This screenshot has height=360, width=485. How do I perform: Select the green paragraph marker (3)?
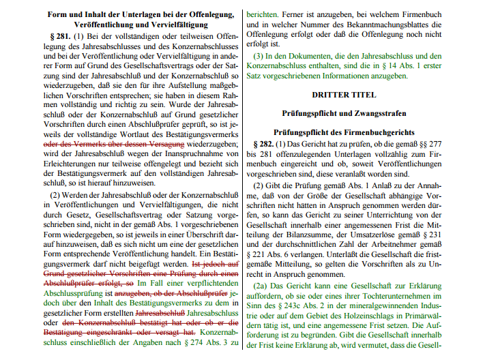point(260,54)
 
